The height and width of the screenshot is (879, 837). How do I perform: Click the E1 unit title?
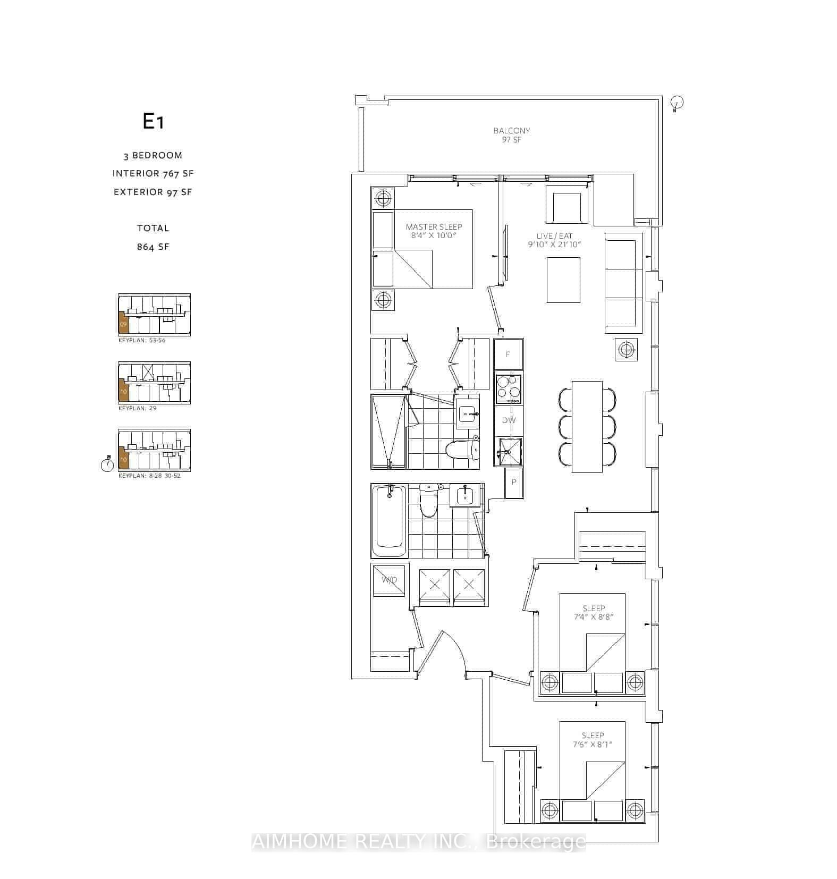(x=153, y=122)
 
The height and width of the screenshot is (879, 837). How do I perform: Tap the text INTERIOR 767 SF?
(x=153, y=173)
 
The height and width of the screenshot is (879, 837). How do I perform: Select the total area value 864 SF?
(x=153, y=247)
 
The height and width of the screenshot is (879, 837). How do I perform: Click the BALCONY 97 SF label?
(x=511, y=134)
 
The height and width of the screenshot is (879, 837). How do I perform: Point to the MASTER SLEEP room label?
(x=434, y=227)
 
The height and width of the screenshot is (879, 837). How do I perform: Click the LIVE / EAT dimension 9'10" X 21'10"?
(x=554, y=244)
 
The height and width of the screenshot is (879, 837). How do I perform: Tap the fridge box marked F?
(x=508, y=354)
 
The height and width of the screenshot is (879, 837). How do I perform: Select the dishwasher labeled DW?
(x=509, y=420)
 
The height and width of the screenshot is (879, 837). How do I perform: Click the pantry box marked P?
(x=513, y=482)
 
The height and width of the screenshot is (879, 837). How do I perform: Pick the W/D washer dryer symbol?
(x=390, y=579)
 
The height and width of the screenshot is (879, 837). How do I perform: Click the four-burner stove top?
(x=509, y=390)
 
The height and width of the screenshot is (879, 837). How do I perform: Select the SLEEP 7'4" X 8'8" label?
(x=593, y=612)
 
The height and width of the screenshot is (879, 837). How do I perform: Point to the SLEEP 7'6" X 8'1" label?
(x=593, y=740)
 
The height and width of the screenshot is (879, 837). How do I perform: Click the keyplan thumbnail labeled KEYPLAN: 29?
(x=154, y=383)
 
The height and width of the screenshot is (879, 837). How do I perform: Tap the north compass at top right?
(x=677, y=103)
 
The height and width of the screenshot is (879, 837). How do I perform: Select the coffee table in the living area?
(x=563, y=280)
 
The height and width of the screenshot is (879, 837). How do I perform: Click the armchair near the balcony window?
(x=568, y=207)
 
